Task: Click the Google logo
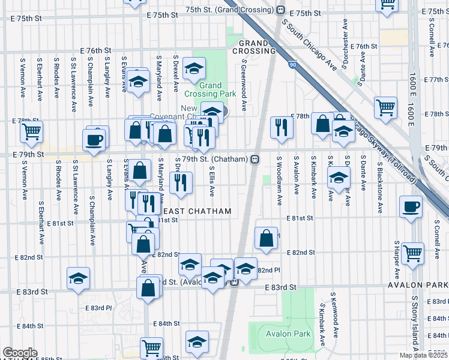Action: pos(20,353)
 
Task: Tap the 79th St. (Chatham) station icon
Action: pos(255,159)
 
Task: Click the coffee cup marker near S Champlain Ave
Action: pos(95,139)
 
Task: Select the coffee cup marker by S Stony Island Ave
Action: pos(411,207)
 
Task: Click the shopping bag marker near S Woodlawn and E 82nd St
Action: pos(266,238)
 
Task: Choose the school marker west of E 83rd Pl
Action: pos(78,278)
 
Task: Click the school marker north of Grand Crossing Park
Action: pos(194,68)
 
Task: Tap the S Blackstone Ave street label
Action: pos(380,186)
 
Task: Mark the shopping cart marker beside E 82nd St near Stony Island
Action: pos(412,253)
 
